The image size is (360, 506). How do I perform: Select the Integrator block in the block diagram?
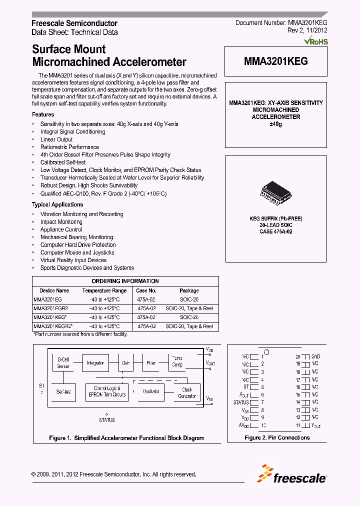(x=95, y=362)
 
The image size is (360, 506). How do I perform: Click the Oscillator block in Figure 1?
(x=151, y=391)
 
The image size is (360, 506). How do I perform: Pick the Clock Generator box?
(x=186, y=392)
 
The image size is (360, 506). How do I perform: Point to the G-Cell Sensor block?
(x=63, y=362)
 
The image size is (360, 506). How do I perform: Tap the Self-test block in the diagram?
(x=63, y=391)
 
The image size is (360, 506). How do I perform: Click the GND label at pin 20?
(x=315, y=356)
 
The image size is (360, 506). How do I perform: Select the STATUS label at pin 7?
(x=241, y=402)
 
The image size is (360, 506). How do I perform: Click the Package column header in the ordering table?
(x=189, y=290)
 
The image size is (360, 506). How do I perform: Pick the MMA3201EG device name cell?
(x=48, y=299)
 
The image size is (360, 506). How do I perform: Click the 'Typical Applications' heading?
(x=57, y=204)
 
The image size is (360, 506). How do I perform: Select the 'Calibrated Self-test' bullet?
(x=63, y=162)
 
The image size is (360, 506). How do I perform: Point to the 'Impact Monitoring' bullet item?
(x=61, y=222)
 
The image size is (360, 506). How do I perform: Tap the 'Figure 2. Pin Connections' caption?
(x=277, y=437)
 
